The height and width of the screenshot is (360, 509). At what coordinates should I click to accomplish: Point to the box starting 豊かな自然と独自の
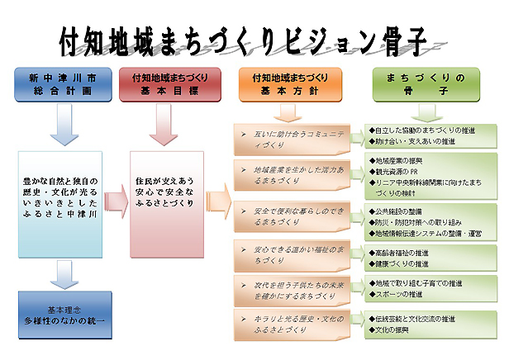click(x=60, y=197)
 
